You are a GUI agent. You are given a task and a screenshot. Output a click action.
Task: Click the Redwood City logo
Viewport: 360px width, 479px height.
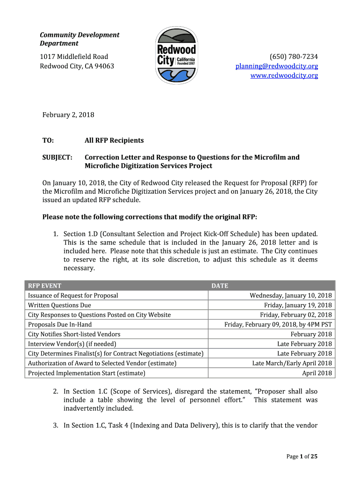[176, 56]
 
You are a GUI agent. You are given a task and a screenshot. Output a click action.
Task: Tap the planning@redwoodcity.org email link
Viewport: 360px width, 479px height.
[276, 66]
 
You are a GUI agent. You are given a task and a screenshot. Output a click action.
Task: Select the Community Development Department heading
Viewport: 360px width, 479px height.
[79, 39]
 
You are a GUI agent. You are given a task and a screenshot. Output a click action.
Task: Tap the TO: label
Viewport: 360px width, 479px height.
[48, 140]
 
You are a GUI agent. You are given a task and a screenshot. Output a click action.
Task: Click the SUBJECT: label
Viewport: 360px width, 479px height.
[58, 157]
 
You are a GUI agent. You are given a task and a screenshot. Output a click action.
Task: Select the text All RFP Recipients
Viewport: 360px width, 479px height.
[114, 140]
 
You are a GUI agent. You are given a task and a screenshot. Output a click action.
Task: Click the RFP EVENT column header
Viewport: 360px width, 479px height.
[44, 286]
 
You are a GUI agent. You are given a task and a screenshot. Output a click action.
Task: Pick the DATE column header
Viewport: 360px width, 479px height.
[220, 286]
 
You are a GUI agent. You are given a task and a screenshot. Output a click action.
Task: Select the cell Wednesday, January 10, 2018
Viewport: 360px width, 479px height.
[290, 296]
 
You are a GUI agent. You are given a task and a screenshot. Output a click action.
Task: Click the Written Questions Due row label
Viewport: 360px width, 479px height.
[59, 305]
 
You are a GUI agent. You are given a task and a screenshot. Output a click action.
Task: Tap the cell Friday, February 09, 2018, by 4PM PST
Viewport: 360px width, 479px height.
[278, 325]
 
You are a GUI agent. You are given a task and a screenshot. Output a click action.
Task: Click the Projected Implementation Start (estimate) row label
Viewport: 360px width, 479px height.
[86, 373]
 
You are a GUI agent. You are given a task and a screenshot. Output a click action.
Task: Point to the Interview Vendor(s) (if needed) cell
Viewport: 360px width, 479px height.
[72, 344]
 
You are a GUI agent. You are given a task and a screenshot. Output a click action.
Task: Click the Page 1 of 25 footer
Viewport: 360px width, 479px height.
[302, 457]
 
